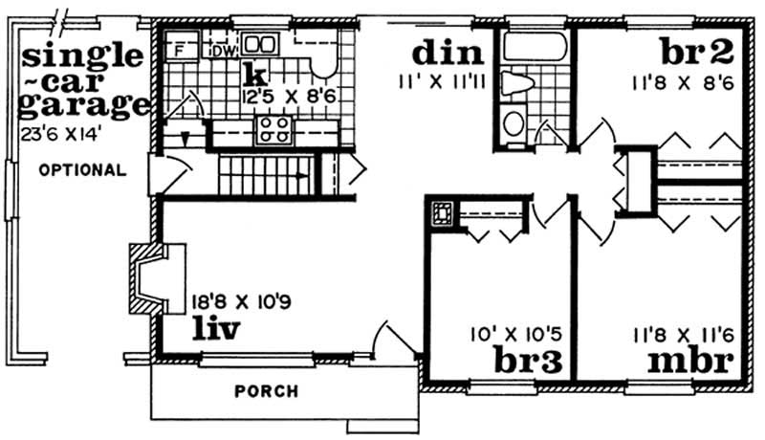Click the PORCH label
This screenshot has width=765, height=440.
point(267,391)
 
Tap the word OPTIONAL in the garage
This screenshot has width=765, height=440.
point(82,170)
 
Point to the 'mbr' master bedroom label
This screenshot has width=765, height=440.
point(689,363)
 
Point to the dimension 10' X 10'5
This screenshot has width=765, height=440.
point(517,335)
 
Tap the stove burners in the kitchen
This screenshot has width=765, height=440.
point(273,130)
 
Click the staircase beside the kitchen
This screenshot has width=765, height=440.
point(262,177)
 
